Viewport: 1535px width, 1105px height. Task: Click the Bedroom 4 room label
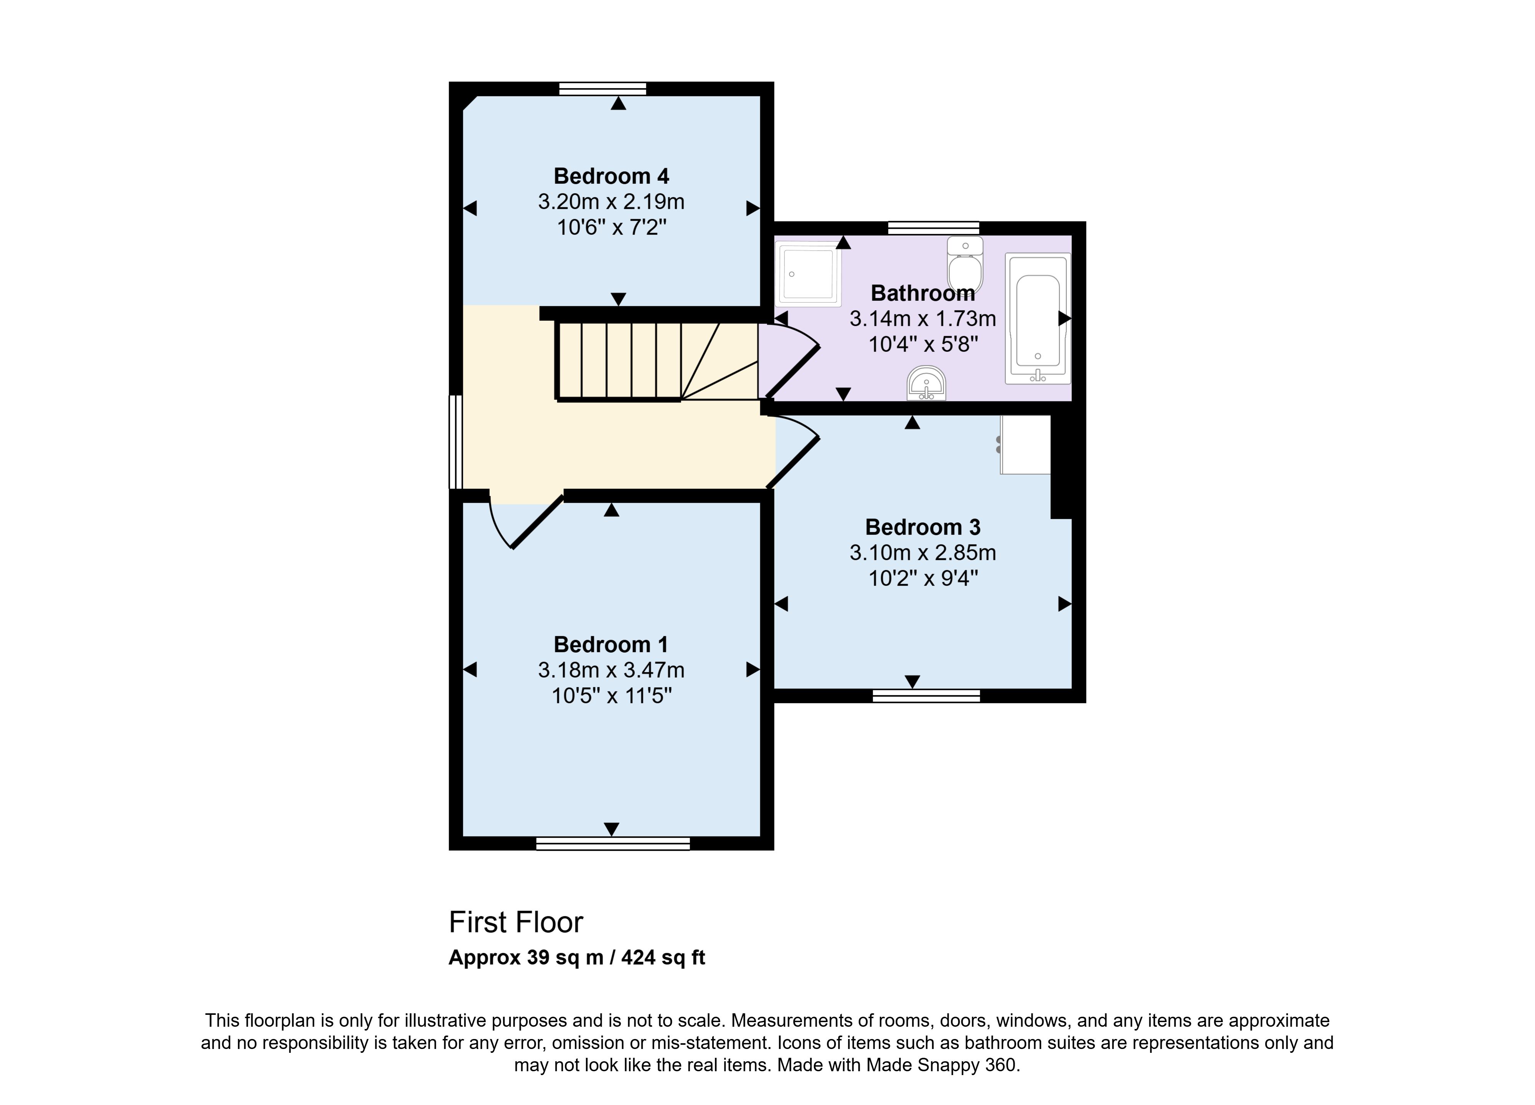point(611,176)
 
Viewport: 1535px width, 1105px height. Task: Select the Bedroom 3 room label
point(923,527)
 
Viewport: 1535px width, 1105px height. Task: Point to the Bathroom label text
point(923,293)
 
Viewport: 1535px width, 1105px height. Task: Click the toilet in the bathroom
point(965,265)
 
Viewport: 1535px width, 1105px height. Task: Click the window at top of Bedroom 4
point(602,89)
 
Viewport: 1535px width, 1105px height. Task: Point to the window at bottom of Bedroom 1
point(612,843)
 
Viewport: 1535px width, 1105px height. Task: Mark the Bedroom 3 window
point(926,696)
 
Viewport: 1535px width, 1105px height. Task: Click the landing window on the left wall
point(456,442)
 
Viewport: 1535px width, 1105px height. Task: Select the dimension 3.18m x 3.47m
point(611,670)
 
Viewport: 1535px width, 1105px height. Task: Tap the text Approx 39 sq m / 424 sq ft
point(577,958)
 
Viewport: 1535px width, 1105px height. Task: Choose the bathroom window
point(933,228)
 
